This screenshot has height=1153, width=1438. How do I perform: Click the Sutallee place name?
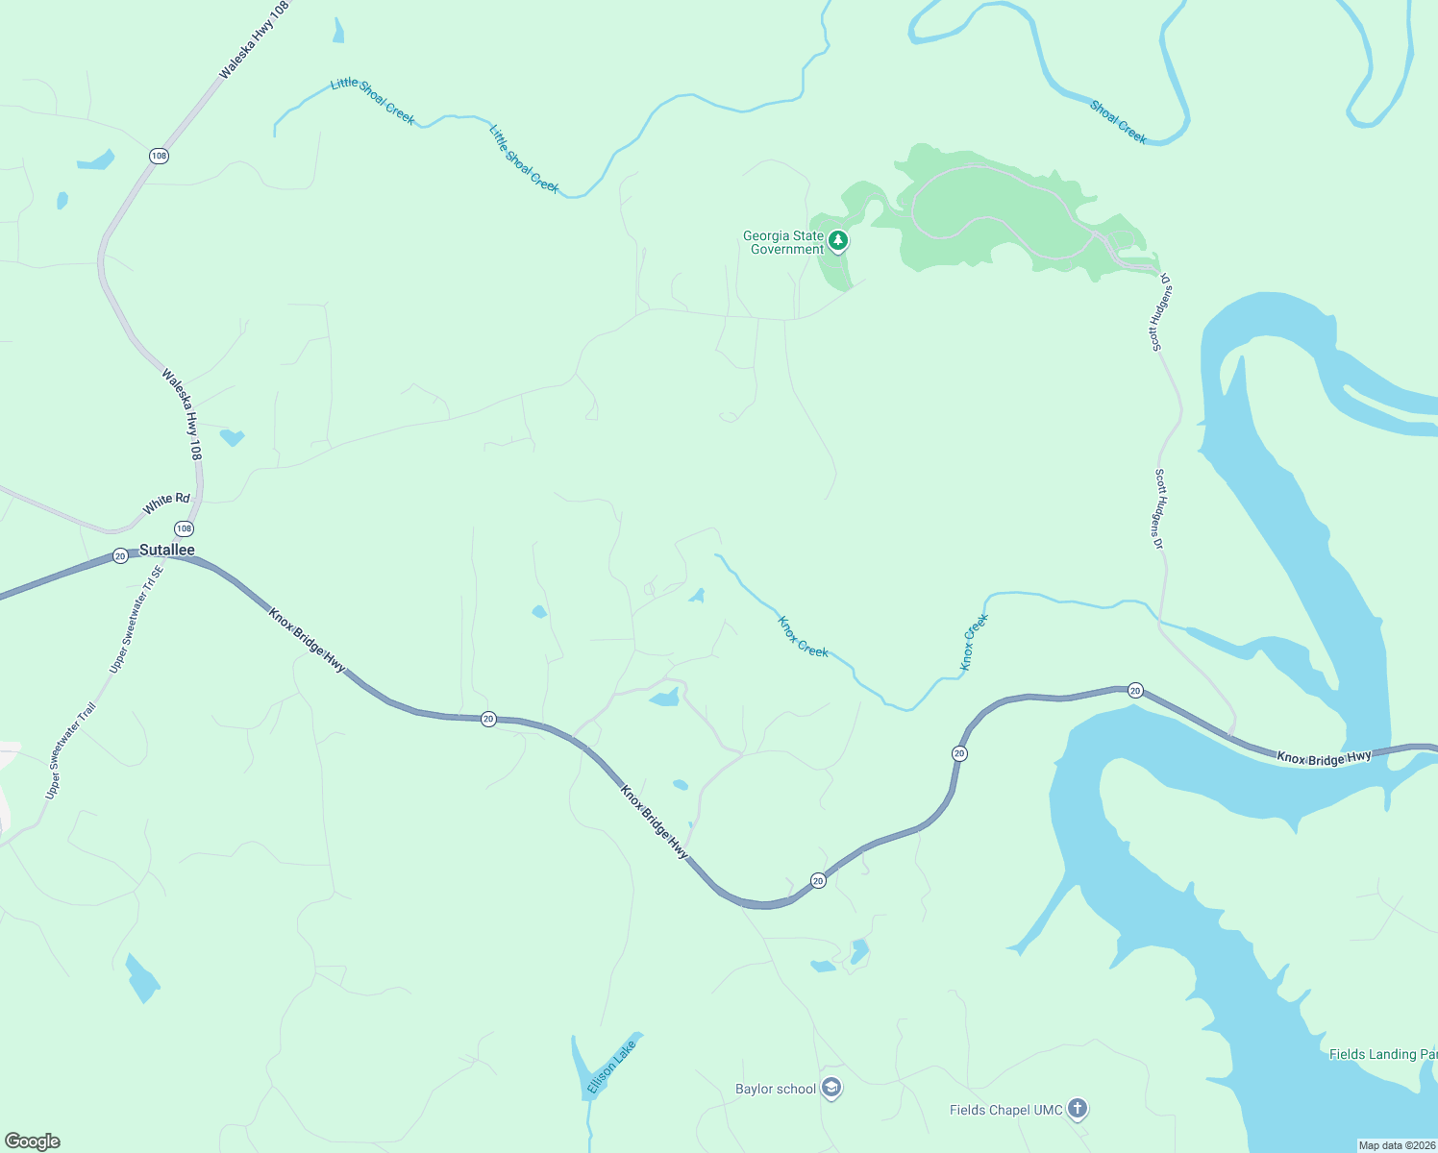[167, 551]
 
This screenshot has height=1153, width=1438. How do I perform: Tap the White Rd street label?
[166, 503]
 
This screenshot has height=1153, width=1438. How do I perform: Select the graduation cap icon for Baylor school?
[832, 1089]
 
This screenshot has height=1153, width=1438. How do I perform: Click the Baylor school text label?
[775, 1089]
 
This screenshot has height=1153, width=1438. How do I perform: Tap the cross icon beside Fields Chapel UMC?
[1078, 1110]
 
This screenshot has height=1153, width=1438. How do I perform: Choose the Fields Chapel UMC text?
[1005, 1110]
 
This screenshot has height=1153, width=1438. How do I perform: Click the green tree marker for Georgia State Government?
[838, 241]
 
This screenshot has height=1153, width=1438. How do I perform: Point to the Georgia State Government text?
[783, 242]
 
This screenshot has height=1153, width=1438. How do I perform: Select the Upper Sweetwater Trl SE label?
[136, 620]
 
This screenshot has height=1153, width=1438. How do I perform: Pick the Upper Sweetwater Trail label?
[71, 751]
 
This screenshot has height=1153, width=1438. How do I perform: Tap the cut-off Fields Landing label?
[1382, 1054]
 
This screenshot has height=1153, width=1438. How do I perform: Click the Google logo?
[33, 1141]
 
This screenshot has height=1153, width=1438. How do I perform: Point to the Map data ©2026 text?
[1396, 1145]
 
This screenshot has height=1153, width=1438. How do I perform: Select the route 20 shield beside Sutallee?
[120, 555]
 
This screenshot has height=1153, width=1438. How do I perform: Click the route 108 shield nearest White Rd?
[184, 528]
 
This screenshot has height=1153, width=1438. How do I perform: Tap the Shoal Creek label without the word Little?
[1118, 122]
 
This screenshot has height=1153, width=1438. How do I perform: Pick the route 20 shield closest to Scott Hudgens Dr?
[1135, 690]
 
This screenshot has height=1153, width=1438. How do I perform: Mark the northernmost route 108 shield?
[159, 156]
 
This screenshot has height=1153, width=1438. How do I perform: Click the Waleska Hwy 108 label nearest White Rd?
[182, 414]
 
